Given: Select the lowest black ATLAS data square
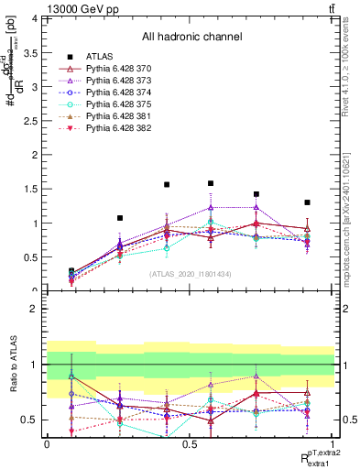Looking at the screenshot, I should point(72,271).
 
